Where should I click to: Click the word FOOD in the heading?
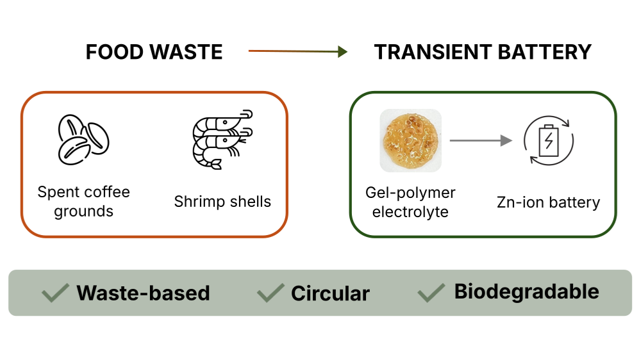[113, 52]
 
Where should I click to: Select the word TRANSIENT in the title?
[428, 52]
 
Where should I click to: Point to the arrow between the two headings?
[297, 51]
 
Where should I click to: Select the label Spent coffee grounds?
[83, 201]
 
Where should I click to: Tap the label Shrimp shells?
[222, 202]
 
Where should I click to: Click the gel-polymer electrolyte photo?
[410, 140]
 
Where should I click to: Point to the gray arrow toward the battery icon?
[481, 140]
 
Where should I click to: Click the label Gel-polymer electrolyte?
[410, 201]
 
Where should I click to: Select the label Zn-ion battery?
[548, 202]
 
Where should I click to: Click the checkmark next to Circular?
[270, 293]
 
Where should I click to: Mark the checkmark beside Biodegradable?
[431, 293]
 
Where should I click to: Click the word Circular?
[330, 293]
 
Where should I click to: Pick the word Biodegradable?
[526, 291]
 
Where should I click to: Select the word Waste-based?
[143, 293]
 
